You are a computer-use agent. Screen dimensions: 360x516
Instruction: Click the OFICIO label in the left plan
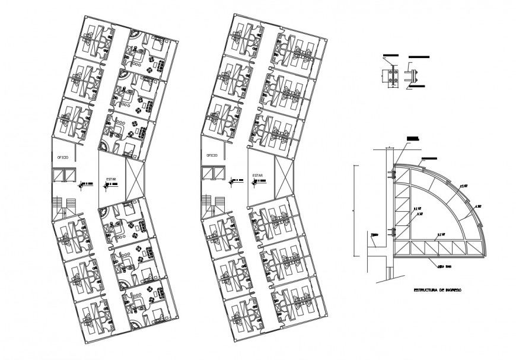pos(61,157)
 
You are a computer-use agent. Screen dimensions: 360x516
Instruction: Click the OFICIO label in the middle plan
pos(212,155)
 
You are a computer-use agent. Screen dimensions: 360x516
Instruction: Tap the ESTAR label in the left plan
pos(111,177)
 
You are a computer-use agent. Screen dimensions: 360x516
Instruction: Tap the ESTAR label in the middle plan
pos(257,176)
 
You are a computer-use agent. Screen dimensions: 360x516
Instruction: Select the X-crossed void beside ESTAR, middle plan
pos(284,177)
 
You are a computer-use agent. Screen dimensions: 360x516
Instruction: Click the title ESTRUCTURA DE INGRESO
pos(437,291)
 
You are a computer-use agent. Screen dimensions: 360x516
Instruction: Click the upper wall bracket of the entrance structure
pos(392,173)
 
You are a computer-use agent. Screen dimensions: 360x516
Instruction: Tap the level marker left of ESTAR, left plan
pos(85,184)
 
